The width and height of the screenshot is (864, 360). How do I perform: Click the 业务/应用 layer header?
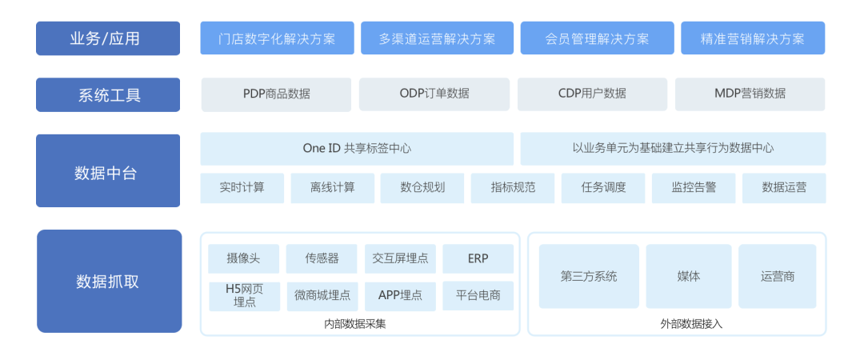point(108,38)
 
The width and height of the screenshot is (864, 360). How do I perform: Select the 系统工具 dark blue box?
point(108,95)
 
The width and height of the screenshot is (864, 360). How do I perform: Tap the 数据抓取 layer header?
point(109,281)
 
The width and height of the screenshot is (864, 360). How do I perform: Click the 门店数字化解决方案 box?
point(277,38)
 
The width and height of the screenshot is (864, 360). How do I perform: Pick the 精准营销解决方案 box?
point(753,38)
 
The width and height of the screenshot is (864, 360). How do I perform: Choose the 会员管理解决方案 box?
point(598,38)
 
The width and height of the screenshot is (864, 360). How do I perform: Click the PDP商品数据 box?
point(276,94)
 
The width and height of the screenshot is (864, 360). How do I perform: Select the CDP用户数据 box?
point(592,94)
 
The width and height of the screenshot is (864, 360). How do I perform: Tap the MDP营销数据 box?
point(750,94)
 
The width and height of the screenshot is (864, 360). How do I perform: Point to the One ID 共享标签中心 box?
point(357,149)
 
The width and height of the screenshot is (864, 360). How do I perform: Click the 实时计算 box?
point(242,188)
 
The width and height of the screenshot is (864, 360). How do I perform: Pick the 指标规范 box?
point(513,188)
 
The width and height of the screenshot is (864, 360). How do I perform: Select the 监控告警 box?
point(694,188)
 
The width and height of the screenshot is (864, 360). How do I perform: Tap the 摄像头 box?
point(243,258)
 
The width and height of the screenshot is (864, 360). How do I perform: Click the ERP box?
point(478,258)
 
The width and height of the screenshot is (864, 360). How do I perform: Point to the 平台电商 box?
point(478,295)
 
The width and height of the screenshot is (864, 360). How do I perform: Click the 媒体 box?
point(689,276)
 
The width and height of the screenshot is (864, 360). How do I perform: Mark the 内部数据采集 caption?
point(355,324)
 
